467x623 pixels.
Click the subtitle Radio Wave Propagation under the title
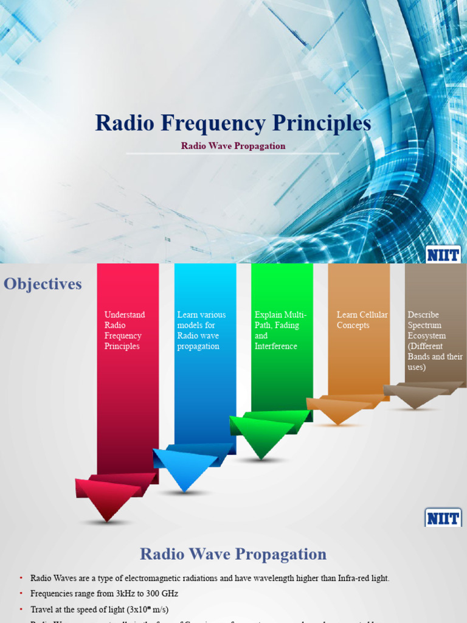(x=233, y=146)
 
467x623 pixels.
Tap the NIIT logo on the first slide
(x=443, y=254)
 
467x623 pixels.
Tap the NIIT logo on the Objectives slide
(x=443, y=518)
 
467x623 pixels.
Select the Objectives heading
(x=43, y=284)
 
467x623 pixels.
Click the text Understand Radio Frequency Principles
(x=125, y=330)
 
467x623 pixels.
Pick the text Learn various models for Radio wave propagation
(x=201, y=330)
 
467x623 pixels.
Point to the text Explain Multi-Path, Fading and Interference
(x=280, y=330)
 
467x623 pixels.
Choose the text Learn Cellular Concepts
(x=362, y=320)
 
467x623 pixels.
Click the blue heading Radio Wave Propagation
(x=233, y=554)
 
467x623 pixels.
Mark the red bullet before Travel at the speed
(x=20, y=609)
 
